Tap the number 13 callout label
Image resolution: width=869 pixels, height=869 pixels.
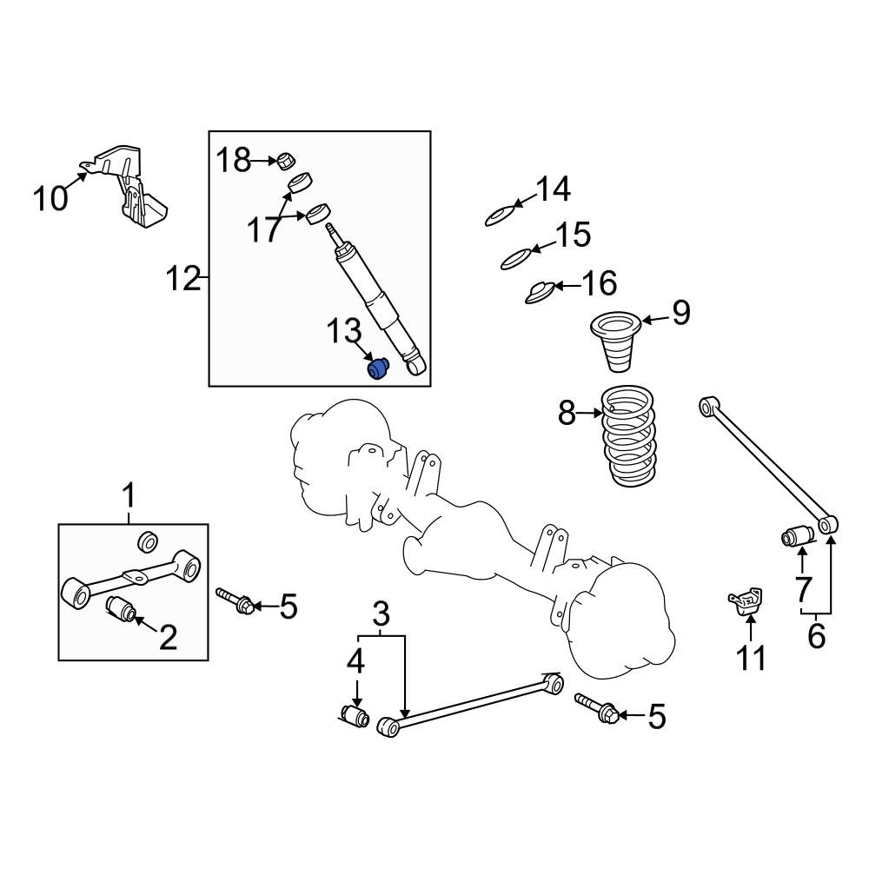(x=343, y=332)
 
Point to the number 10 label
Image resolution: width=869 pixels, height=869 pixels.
(x=50, y=198)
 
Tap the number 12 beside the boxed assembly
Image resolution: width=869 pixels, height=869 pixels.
(x=182, y=280)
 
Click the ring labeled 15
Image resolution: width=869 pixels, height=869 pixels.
(x=515, y=258)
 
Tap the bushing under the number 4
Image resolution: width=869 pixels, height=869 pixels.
(x=354, y=718)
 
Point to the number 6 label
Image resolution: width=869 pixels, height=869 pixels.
(x=816, y=635)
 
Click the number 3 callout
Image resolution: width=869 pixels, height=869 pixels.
(x=381, y=616)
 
